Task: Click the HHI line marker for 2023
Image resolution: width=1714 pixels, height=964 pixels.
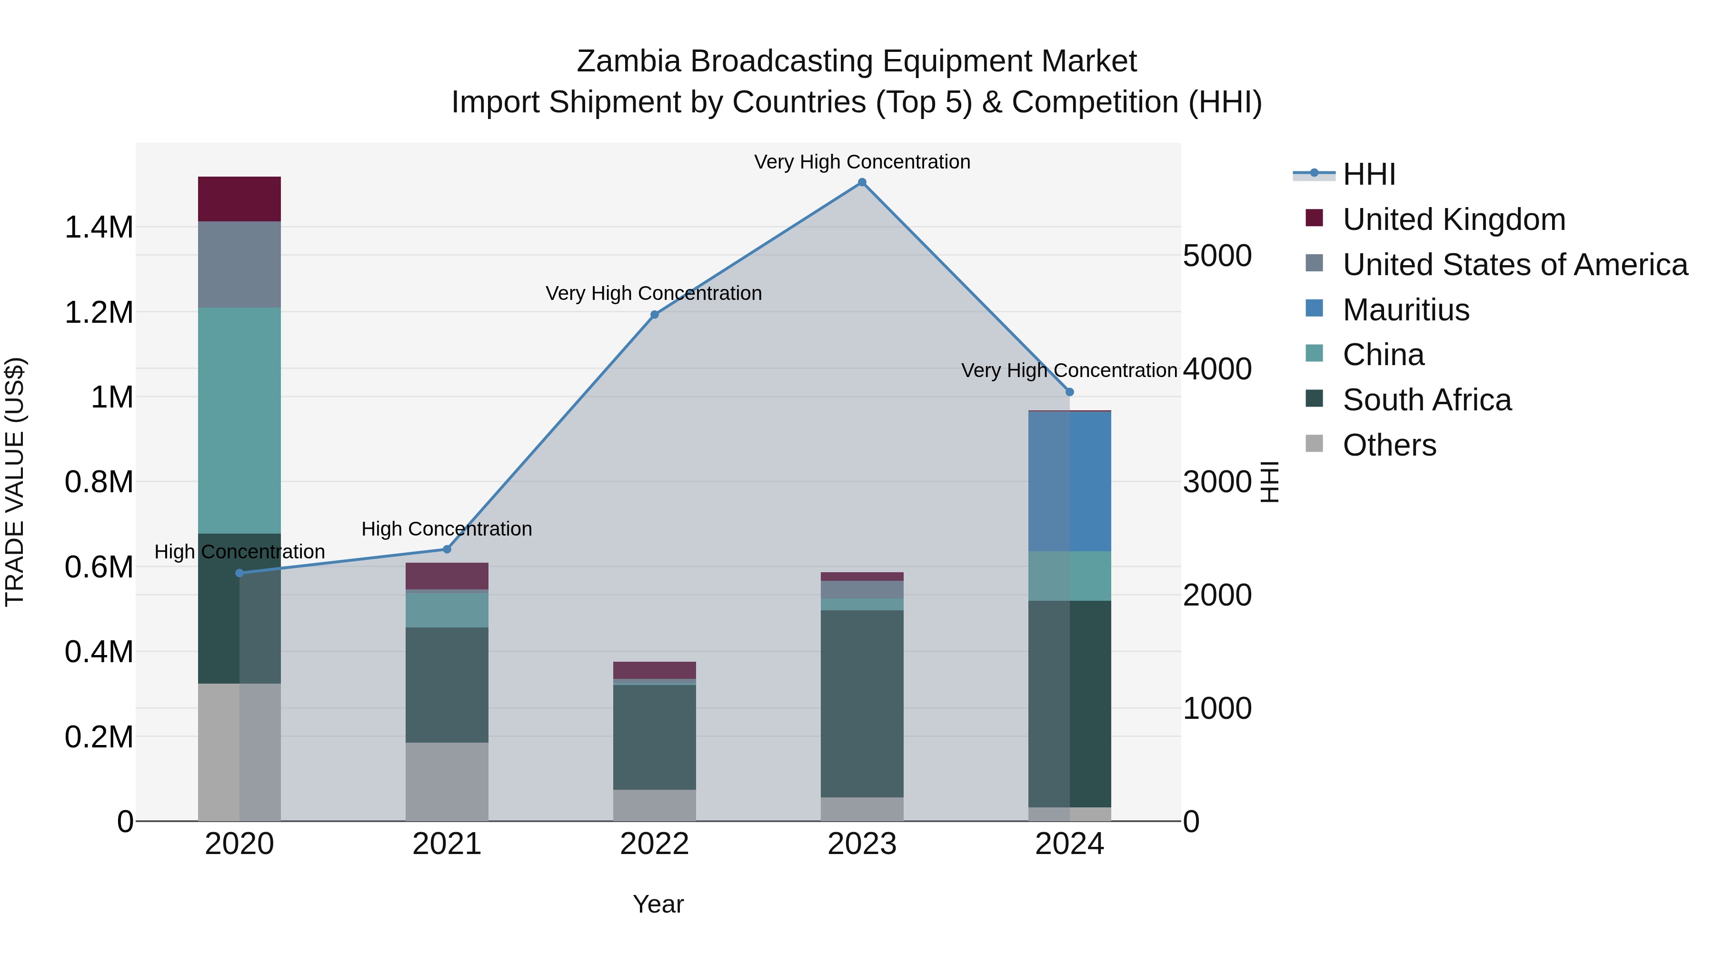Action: pyautogui.click(x=862, y=182)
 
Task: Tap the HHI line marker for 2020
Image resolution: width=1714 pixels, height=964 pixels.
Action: pyautogui.click(x=239, y=573)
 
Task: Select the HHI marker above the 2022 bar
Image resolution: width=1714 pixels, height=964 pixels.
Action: pyautogui.click(x=654, y=315)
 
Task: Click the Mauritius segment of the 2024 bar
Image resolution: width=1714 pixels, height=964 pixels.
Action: pyautogui.click(x=1069, y=481)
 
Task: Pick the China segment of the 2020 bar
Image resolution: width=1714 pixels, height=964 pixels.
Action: pyautogui.click(x=239, y=420)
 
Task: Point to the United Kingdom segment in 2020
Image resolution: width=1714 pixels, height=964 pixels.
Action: pyautogui.click(x=239, y=199)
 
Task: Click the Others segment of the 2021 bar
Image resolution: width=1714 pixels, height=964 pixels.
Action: pyautogui.click(x=447, y=782)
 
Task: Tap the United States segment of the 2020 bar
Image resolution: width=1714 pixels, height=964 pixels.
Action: pyautogui.click(x=239, y=264)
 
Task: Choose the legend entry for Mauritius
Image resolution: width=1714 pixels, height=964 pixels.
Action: pyautogui.click(x=1405, y=310)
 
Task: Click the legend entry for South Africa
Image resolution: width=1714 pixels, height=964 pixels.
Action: pyautogui.click(x=1426, y=400)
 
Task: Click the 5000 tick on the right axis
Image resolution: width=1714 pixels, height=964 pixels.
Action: pyautogui.click(x=1217, y=256)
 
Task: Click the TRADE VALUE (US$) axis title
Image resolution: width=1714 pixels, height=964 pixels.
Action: pyautogui.click(x=15, y=482)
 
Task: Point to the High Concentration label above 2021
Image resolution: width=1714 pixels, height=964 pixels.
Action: pyautogui.click(x=447, y=529)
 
